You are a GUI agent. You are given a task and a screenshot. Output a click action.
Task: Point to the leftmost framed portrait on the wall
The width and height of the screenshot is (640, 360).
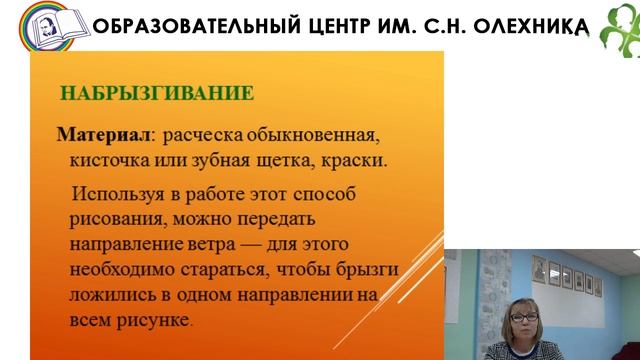click(x=539, y=270)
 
